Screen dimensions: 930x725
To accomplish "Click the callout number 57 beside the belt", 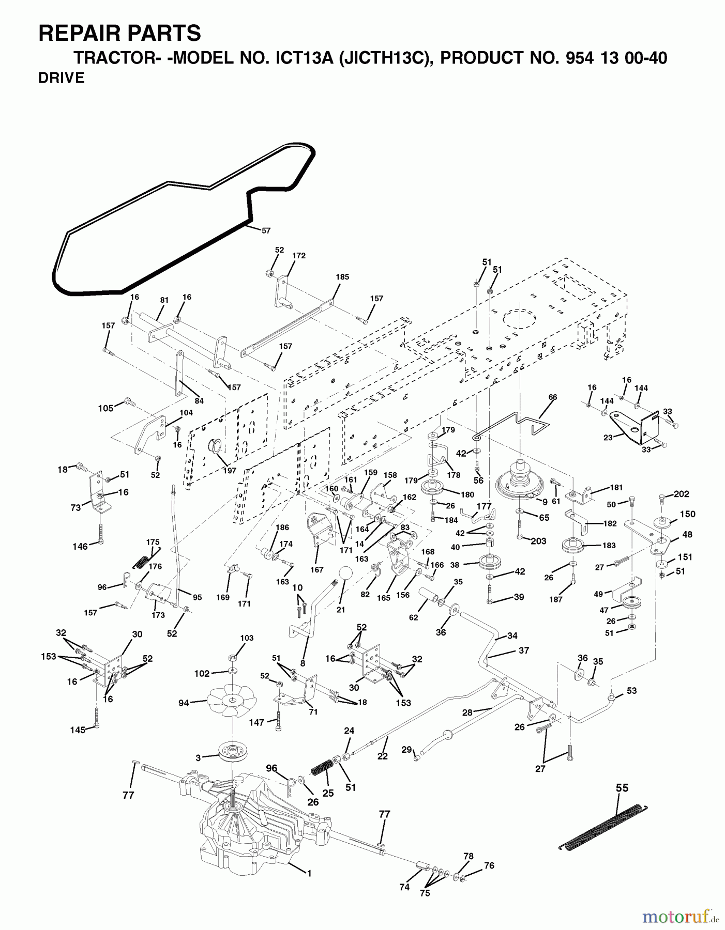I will [266, 231].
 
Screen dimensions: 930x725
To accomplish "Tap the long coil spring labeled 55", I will [603, 827].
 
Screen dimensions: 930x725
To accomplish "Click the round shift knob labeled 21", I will [345, 574].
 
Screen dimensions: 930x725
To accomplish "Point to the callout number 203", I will [538, 541].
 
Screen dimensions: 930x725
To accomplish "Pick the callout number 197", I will [229, 470].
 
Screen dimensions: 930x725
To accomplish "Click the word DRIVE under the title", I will [62, 78].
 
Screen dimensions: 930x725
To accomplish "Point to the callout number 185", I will [342, 277].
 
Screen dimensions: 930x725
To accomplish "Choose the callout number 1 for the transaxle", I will [309, 873].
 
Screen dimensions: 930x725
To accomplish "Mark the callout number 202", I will [682, 494].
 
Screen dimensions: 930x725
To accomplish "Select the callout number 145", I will [78, 730].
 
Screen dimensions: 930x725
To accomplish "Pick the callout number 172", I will [299, 255].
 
